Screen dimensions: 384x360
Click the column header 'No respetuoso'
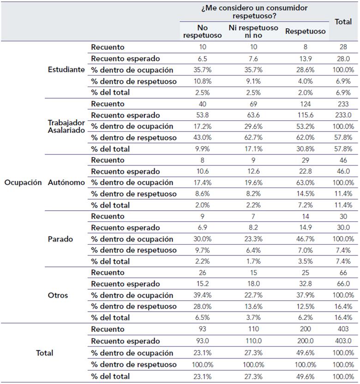pos(202,31)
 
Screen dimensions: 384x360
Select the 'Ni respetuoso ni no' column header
pos(253,31)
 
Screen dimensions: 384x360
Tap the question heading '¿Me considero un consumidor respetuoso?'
pos(254,12)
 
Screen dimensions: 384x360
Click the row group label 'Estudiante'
pos(66,70)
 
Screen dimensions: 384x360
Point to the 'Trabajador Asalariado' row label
pos(66,126)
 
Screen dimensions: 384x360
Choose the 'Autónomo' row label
pos(66,183)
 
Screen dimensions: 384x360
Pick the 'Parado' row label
pos(60,239)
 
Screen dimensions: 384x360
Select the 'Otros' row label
pos(58,295)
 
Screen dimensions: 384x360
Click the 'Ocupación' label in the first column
pos(23,183)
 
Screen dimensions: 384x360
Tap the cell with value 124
pos(305,104)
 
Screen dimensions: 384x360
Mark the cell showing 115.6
pos(305,115)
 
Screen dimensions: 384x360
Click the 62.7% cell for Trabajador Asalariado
pos(253,137)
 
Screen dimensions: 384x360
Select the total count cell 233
pos(343,104)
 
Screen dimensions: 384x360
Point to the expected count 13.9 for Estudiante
pos(305,59)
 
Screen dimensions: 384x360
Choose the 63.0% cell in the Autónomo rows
pos(305,183)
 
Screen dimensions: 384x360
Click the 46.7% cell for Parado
pos(305,239)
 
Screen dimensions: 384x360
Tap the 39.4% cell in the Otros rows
pos(202,295)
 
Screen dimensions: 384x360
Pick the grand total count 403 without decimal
pos(343,329)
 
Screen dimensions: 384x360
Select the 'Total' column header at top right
pos(343,21)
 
